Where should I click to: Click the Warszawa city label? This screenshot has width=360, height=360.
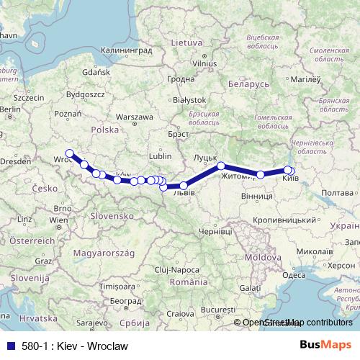(x=135, y=116)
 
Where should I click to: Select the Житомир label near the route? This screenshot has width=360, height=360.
(x=235, y=176)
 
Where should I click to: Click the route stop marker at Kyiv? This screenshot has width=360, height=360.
(x=288, y=171)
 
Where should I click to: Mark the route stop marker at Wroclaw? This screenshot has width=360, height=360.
(x=70, y=153)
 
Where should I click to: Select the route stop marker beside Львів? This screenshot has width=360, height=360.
(x=184, y=186)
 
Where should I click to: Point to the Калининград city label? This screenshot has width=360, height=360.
(x=127, y=51)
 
